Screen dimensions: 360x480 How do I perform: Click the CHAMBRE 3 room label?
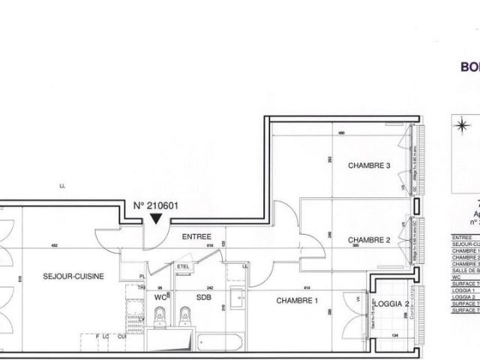click(x=370, y=166)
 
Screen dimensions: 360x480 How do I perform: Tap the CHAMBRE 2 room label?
click(x=370, y=240)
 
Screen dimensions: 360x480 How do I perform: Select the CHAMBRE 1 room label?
click(x=298, y=301)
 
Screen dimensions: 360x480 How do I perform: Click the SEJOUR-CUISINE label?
click(x=73, y=276)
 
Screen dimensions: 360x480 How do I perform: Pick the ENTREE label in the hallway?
click(x=196, y=236)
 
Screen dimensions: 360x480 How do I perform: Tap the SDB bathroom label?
click(x=204, y=297)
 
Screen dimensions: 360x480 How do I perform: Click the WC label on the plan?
click(x=159, y=297)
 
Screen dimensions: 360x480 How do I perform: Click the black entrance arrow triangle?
click(x=156, y=218)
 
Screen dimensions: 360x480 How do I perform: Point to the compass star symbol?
click(x=462, y=124)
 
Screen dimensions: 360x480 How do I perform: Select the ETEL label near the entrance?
click(x=183, y=265)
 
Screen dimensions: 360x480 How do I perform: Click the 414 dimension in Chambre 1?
click(x=306, y=289)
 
